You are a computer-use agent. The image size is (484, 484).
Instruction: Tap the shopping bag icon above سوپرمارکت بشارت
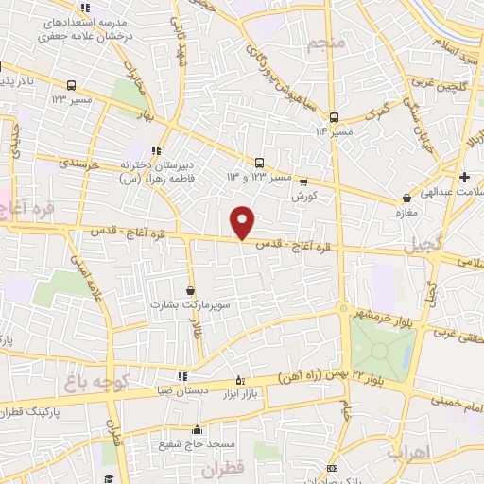click(x=192, y=290)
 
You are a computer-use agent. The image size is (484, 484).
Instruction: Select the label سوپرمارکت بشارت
click(x=186, y=306)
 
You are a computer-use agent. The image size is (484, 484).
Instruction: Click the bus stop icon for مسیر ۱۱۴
click(x=333, y=118)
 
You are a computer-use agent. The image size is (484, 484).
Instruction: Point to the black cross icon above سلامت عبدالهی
click(x=464, y=177)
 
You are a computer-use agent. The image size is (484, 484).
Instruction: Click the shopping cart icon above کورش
click(x=303, y=181)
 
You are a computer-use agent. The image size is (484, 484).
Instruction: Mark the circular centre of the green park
click(x=380, y=352)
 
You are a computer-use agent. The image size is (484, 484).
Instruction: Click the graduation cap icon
click(x=109, y=473)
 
